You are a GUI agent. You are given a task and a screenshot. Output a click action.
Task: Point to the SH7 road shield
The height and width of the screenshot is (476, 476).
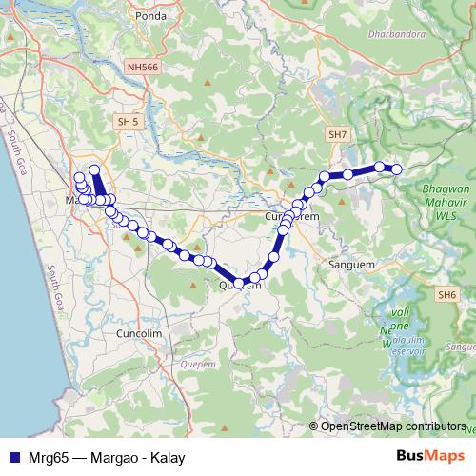pos(337,135)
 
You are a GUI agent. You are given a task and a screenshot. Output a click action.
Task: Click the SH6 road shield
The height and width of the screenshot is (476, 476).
pos(447,295)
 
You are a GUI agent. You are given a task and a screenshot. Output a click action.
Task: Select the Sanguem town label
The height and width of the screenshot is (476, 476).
pos(347,264)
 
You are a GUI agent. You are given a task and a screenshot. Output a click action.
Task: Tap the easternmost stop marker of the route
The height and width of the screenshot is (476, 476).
pos(397,169)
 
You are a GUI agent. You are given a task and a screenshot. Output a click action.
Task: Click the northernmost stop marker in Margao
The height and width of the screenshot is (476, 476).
pos(94,170)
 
